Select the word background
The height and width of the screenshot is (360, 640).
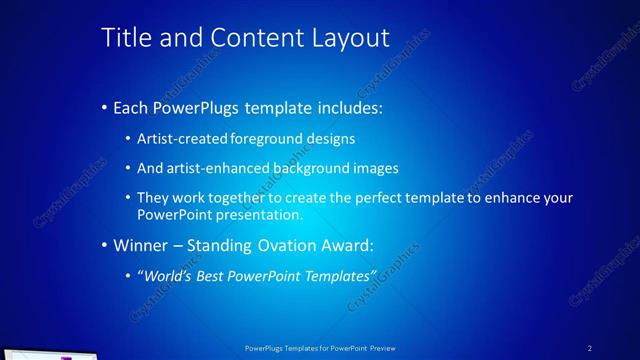click(x=312, y=168)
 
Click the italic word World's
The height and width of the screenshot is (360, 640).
click(x=166, y=275)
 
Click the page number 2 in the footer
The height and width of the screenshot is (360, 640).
click(x=589, y=347)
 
